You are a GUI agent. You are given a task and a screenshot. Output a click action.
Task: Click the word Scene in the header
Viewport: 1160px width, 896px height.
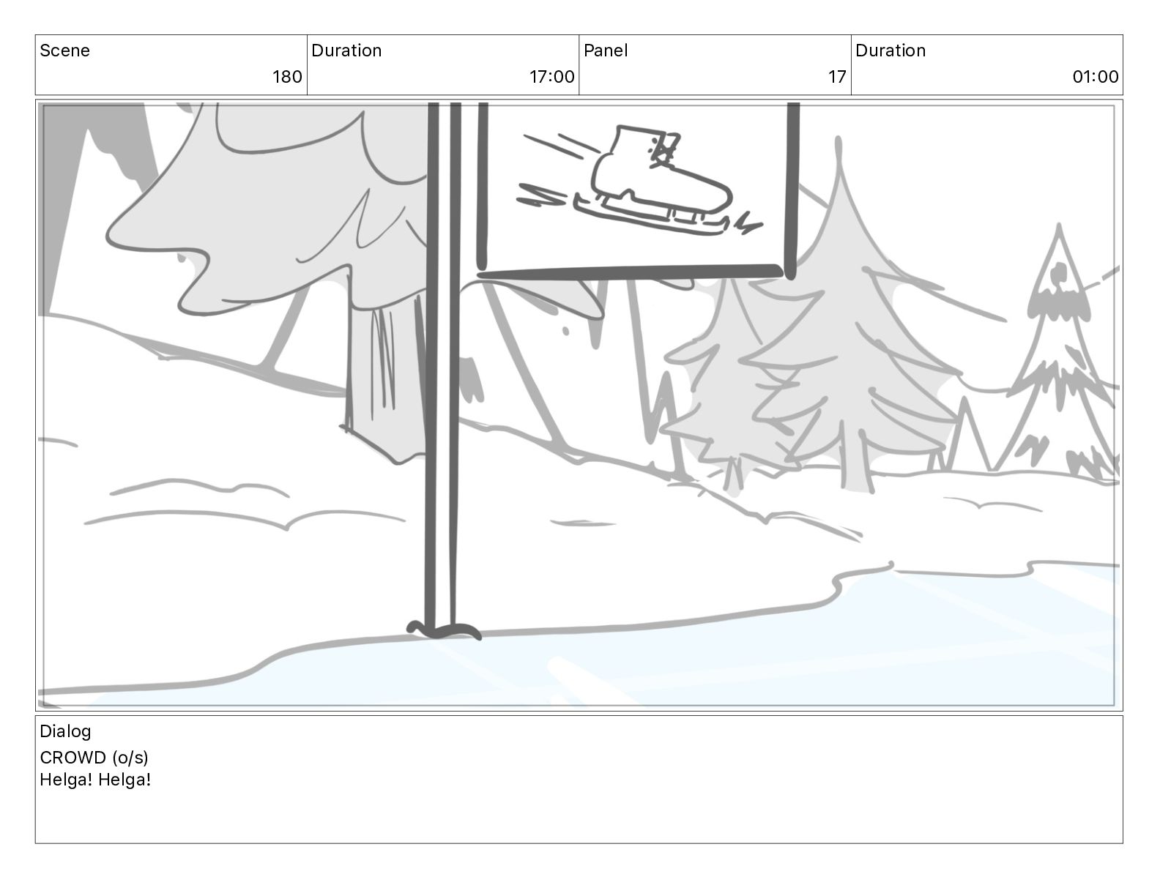click(x=64, y=51)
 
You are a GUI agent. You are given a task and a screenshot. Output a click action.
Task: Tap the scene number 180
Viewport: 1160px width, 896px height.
click(x=287, y=77)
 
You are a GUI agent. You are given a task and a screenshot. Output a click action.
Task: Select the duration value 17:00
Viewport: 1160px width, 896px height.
click(x=551, y=77)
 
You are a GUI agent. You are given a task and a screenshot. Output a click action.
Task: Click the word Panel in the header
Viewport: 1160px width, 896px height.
click(x=606, y=51)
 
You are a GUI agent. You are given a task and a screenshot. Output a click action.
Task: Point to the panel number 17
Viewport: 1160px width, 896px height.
click(x=837, y=77)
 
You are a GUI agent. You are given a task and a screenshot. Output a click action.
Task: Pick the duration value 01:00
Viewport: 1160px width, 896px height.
click(x=1096, y=77)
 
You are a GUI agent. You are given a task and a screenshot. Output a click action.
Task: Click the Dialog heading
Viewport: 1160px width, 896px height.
click(x=65, y=731)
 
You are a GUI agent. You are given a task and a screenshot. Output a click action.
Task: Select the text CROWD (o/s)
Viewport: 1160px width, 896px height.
click(x=94, y=757)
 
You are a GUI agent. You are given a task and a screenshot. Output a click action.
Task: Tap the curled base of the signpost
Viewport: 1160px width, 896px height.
click(x=444, y=630)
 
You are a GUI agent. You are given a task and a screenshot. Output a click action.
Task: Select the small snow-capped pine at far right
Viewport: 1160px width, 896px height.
click(x=1060, y=352)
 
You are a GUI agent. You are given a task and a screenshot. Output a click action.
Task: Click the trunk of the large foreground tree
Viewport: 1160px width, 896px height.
click(x=385, y=373)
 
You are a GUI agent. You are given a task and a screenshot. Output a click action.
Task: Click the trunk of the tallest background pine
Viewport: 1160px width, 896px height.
click(x=857, y=459)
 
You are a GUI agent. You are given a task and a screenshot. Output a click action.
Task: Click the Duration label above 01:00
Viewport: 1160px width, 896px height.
click(x=891, y=51)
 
